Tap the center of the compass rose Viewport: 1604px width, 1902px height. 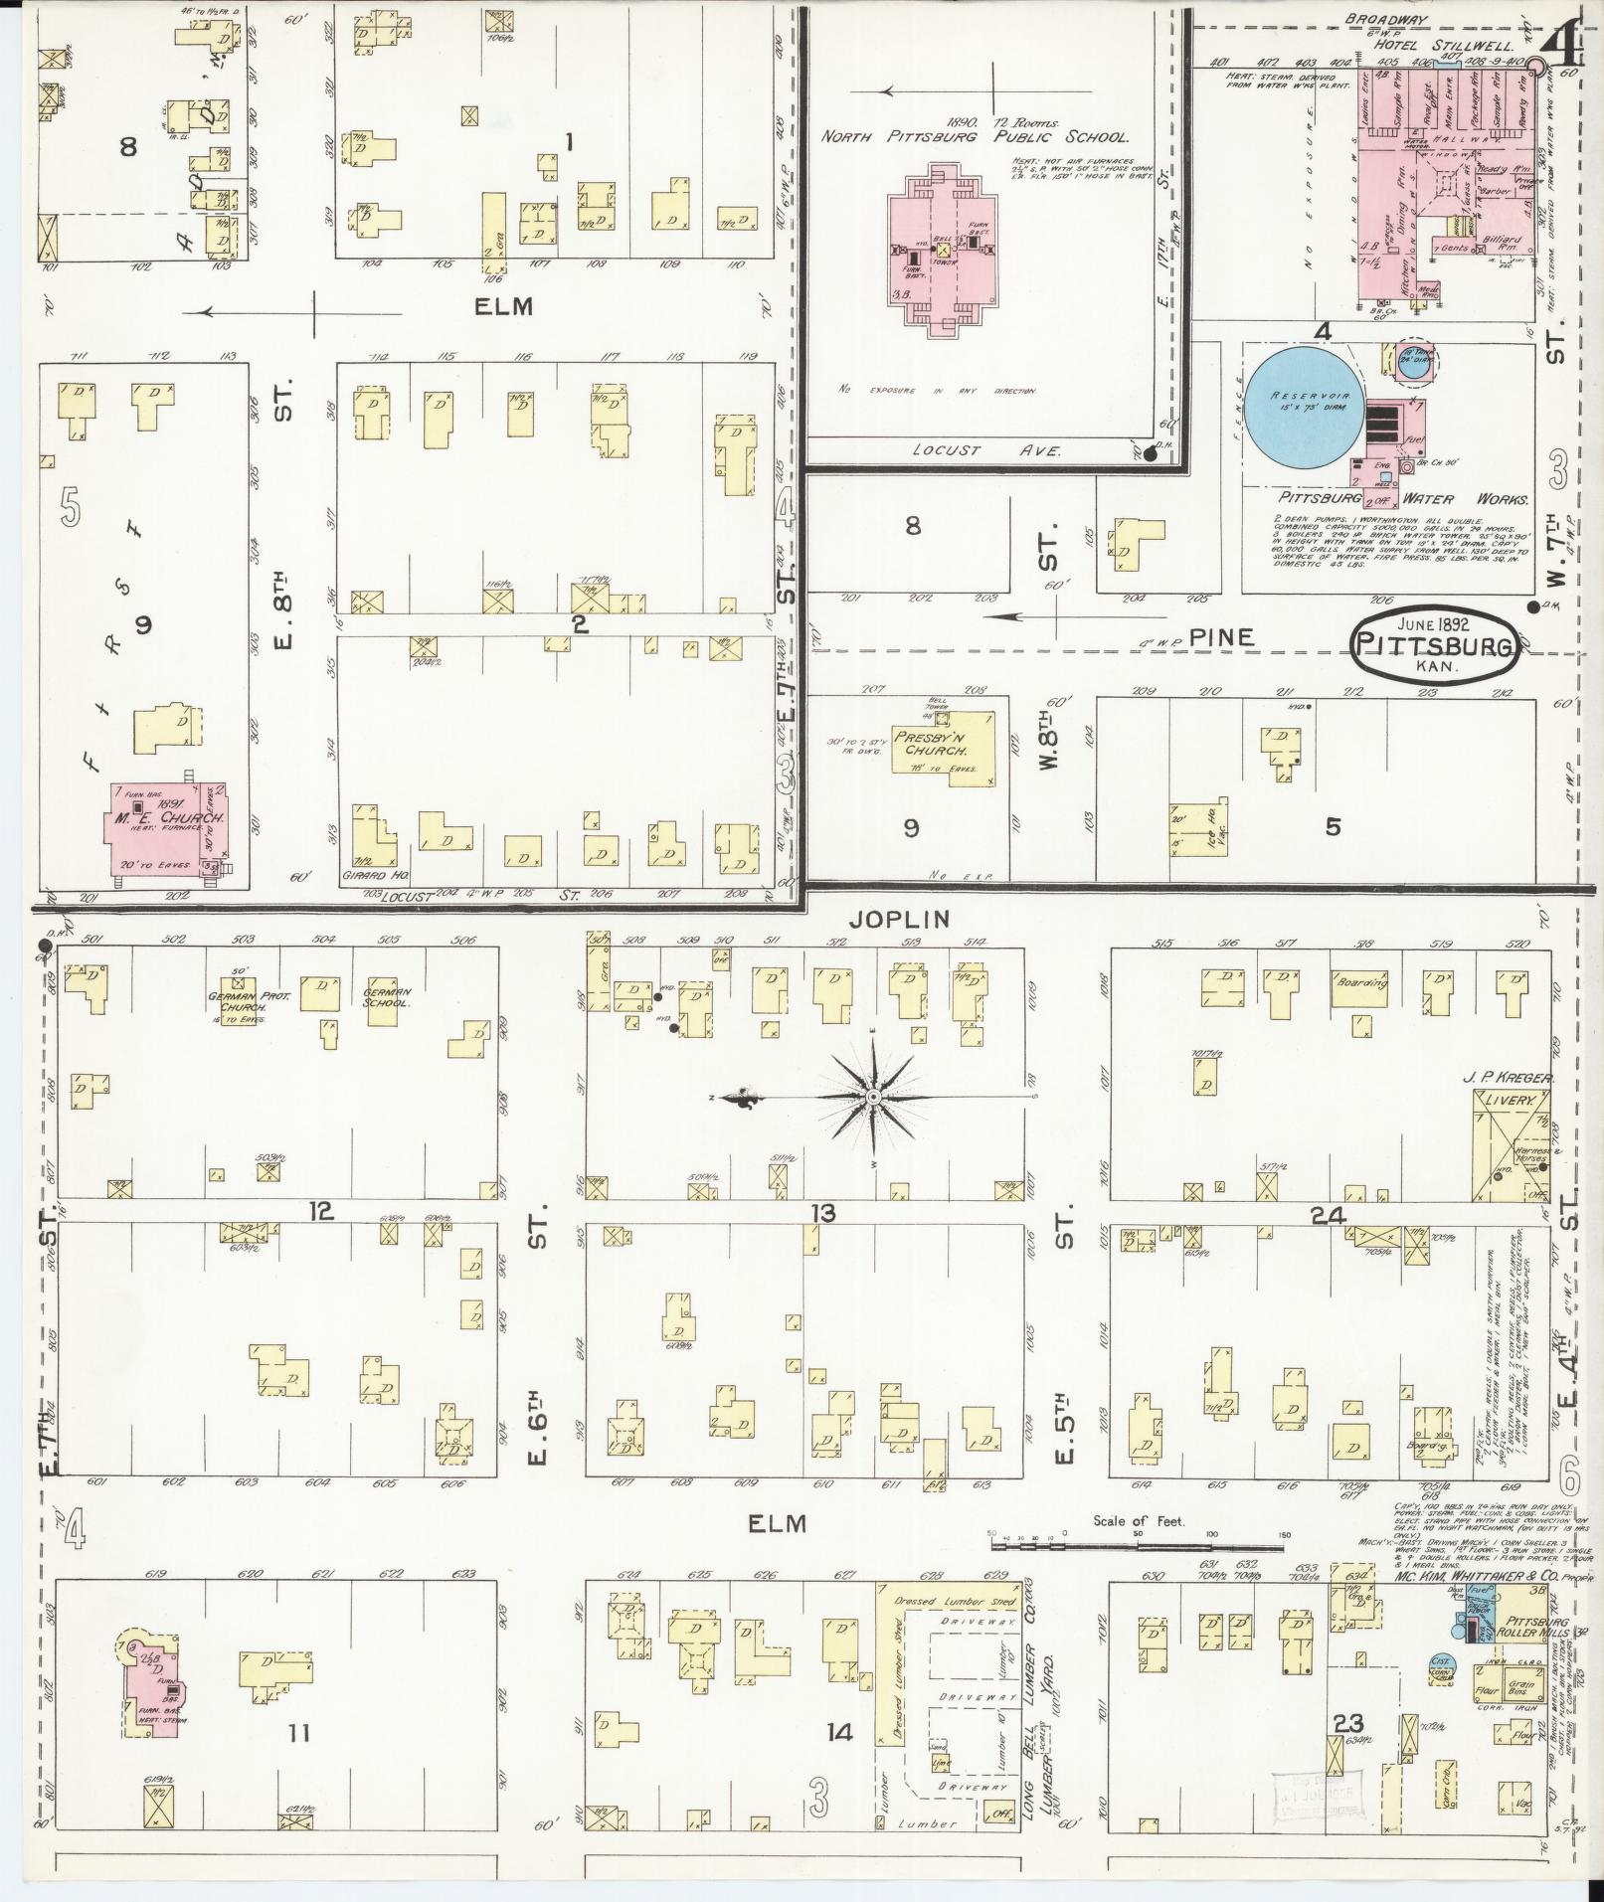pyautogui.click(x=872, y=1096)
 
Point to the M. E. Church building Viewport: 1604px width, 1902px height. pyautogui.click(x=167, y=823)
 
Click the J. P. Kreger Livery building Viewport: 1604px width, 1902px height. pyautogui.click(x=1509, y=1143)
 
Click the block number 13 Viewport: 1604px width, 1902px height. pyautogui.click(x=822, y=1213)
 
